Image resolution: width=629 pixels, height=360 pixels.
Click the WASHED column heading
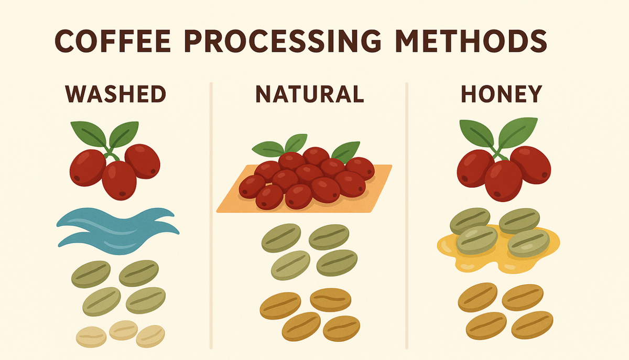[x=115, y=94]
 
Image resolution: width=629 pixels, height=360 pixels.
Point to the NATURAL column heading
[x=309, y=94]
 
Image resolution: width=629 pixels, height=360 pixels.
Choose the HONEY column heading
[x=501, y=94]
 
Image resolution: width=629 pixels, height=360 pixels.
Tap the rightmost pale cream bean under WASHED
[x=150, y=335]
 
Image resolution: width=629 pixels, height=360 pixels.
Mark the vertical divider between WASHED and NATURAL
[x=211, y=215]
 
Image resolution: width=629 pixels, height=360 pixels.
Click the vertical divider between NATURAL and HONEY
[x=407, y=215]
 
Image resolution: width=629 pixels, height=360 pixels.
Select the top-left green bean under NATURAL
[x=281, y=237]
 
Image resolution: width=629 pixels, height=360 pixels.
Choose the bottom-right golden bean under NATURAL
[x=341, y=328]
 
